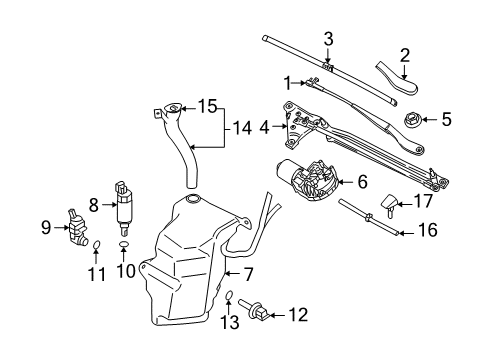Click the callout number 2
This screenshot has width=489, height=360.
pos(405,55)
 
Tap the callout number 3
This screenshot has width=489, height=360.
pos(327,39)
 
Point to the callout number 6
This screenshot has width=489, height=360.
pos(362,182)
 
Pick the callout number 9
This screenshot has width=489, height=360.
pos(46,227)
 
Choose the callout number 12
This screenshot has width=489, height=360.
pos(297,316)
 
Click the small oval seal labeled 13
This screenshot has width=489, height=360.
pos(229,295)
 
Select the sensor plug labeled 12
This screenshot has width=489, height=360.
pos(255,315)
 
